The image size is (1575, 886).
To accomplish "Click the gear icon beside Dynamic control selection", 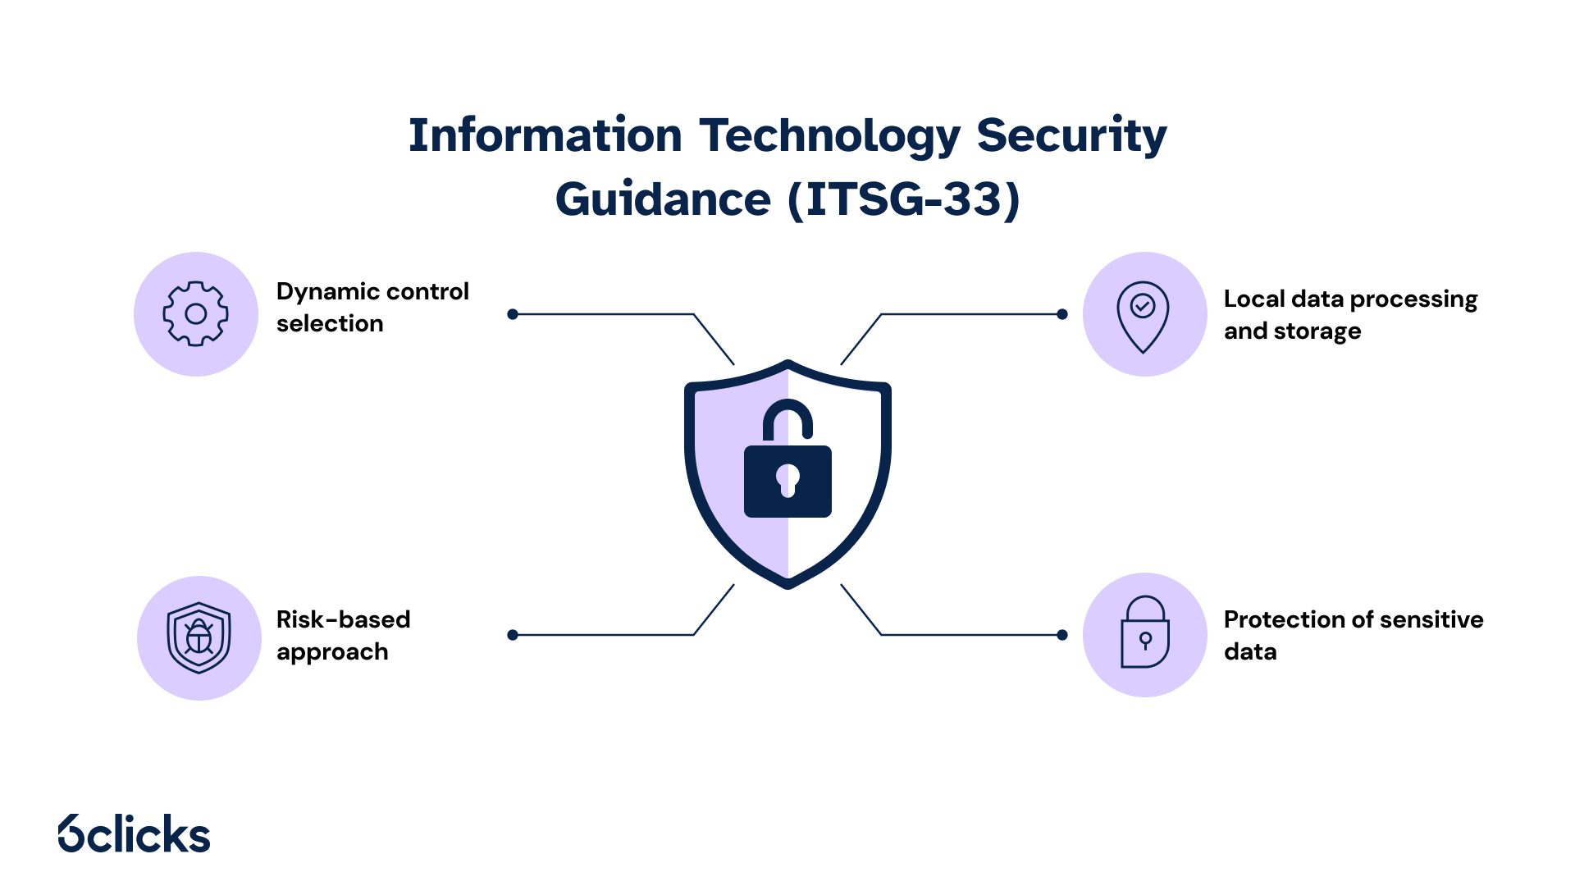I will click(196, 314).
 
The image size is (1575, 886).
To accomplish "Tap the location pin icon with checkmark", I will click(1144, 315).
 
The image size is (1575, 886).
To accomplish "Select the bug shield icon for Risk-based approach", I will click(199, 637).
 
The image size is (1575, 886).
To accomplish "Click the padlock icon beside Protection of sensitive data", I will click(1144, 634).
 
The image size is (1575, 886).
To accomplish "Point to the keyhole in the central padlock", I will click(787, 479).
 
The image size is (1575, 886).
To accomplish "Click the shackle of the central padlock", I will click(787, 416).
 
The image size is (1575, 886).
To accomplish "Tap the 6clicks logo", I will click(135, 833).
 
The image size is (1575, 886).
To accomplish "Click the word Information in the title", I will click(545, 135).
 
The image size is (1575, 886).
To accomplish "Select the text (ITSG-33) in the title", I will click(903, 199).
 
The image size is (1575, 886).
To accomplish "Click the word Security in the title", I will click(1071, 135).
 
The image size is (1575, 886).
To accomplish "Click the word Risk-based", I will click(343, 619).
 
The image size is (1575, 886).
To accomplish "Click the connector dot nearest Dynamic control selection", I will click(513, 314).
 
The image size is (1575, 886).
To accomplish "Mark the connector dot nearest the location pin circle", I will click(1062, 314).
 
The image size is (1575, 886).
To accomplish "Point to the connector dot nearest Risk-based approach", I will click(513, 635).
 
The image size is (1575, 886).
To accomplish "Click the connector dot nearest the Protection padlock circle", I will click(1062, 635).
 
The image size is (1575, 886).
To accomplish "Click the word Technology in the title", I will click(829, 135).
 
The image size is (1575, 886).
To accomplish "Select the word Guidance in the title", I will click(663, 199).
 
